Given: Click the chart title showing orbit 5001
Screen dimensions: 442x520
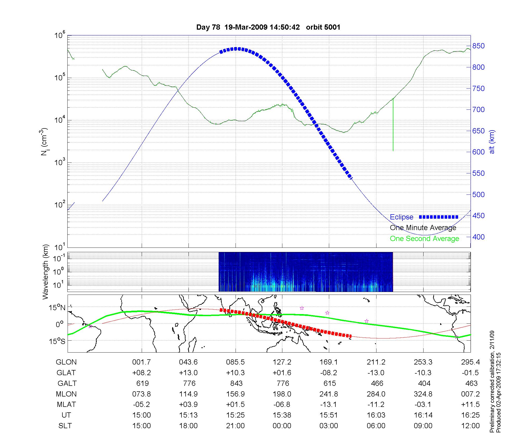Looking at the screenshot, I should tap(268, 27).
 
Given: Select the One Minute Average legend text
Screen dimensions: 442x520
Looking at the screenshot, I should tap(423, 228).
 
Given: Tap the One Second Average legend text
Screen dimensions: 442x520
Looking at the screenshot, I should tap(424, 239).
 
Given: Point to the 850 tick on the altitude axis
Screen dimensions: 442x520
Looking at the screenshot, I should tap(478, 46).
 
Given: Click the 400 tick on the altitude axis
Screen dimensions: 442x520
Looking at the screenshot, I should tap(478, 237).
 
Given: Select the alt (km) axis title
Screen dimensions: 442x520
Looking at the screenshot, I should tap(492, 142).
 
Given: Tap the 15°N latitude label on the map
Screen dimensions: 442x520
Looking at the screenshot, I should tap(57, 308).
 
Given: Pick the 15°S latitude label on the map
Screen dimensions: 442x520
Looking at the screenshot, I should tap(57, 341).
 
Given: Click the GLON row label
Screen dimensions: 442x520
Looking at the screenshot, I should tap(66, 362).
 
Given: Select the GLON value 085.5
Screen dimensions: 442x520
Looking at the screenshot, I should tap(236, 362).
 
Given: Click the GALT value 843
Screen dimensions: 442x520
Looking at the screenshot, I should tap(236, 383).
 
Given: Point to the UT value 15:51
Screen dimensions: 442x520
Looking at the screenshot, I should tap(329, 415).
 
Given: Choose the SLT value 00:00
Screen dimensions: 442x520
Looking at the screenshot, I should tap(282, 426).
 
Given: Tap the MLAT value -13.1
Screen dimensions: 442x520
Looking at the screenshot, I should tap(329, 405).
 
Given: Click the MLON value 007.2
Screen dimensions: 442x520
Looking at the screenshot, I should tap(470, 394).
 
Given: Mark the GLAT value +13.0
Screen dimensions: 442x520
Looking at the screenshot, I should tap(188, 373).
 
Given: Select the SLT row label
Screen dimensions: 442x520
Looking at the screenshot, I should tap(65, 426).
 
